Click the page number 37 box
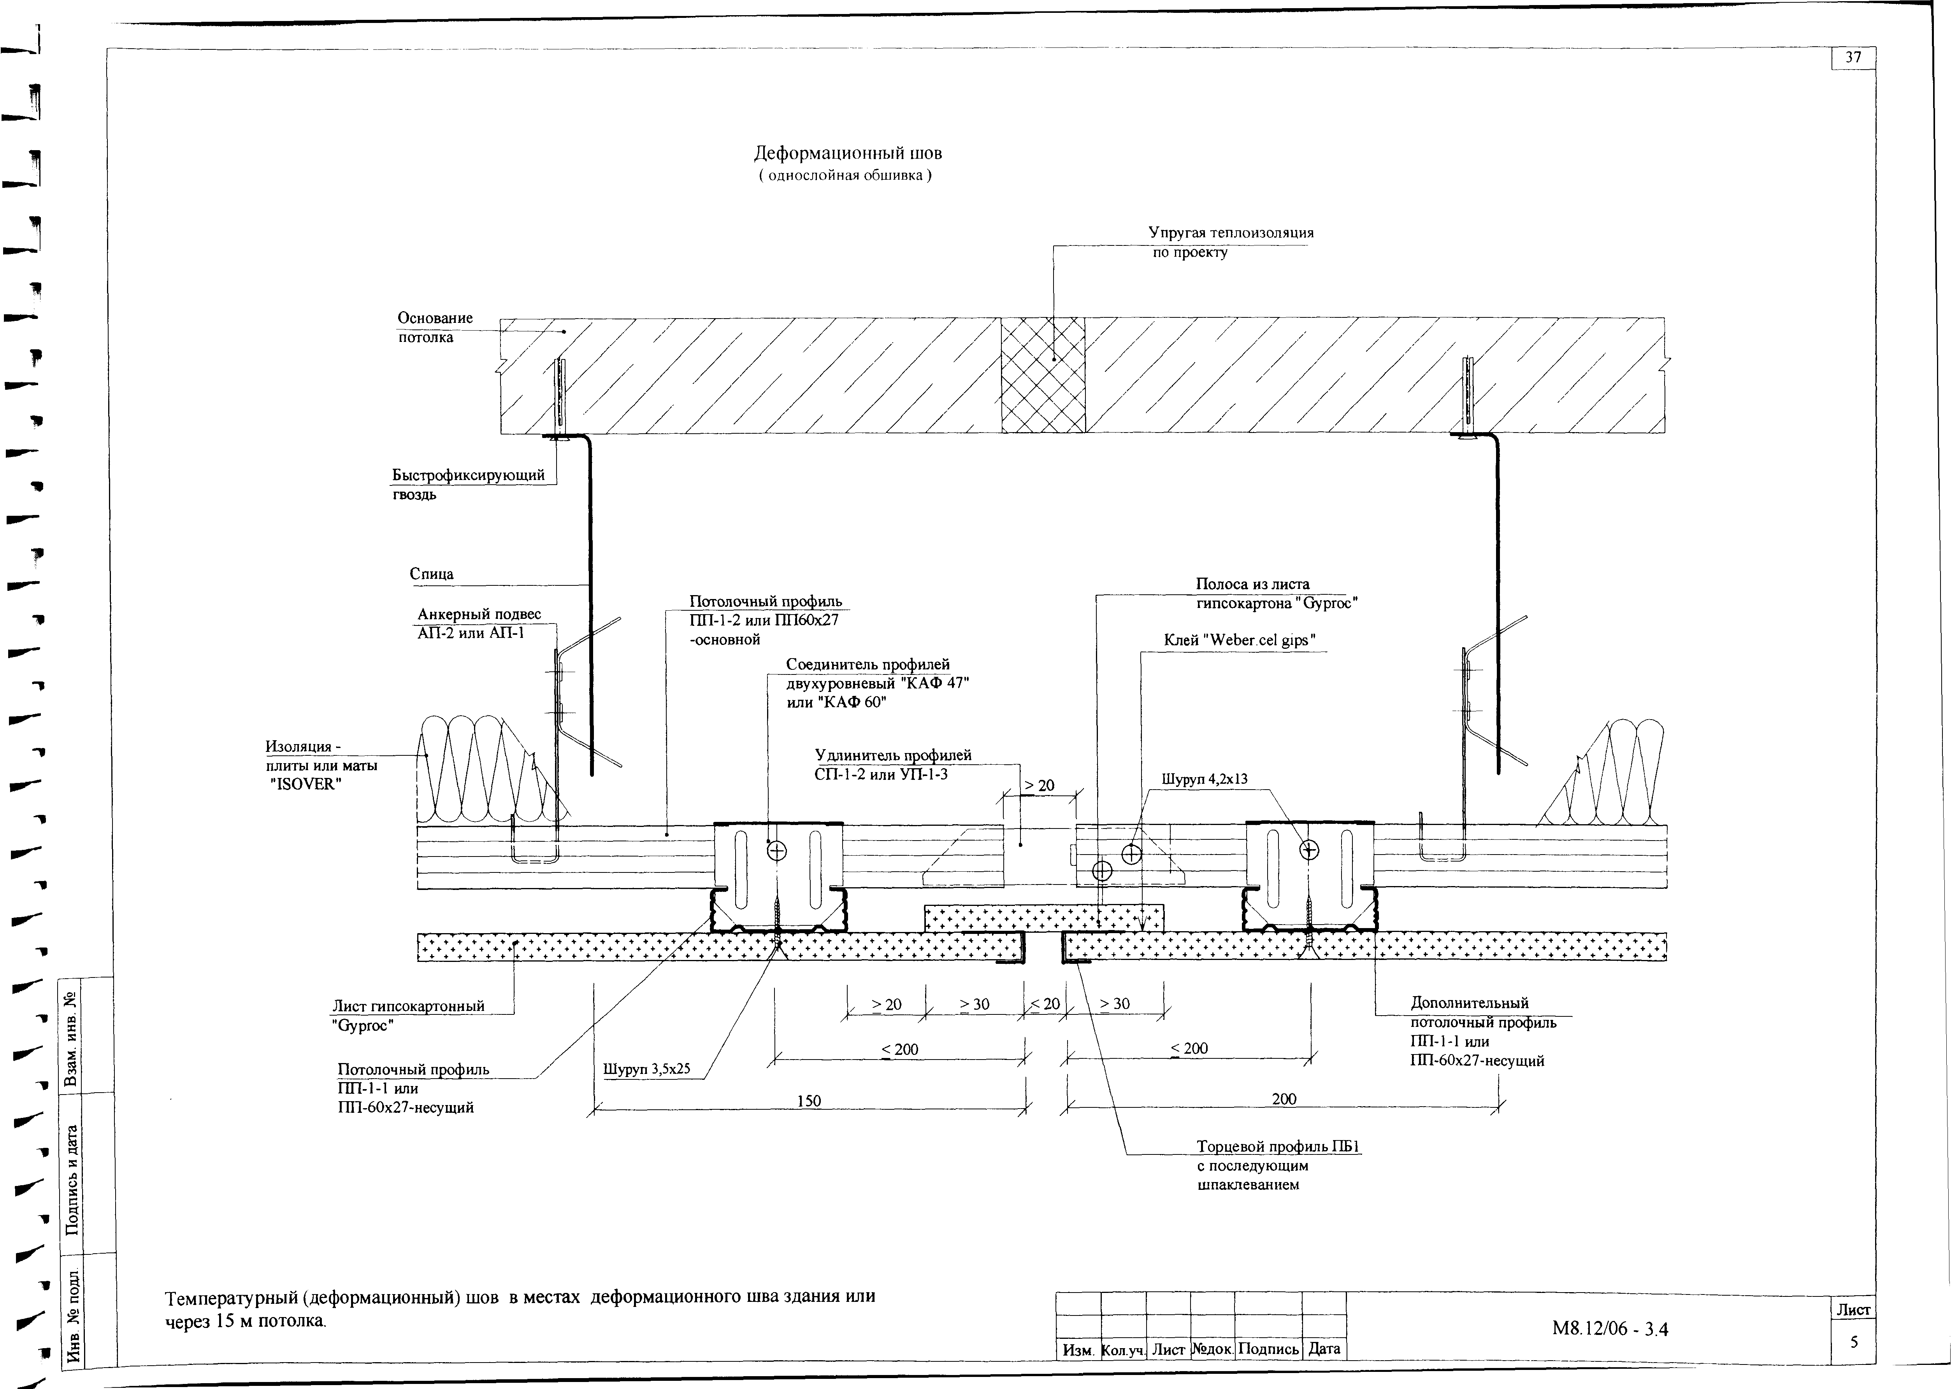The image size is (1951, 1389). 1853,58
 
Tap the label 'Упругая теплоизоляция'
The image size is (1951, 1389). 1231,233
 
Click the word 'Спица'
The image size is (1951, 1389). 431,574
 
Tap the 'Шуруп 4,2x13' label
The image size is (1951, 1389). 1204,779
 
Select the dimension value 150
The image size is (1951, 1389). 809,1101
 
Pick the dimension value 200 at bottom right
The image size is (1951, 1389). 1284,1099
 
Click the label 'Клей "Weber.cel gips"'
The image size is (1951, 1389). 1239,641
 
